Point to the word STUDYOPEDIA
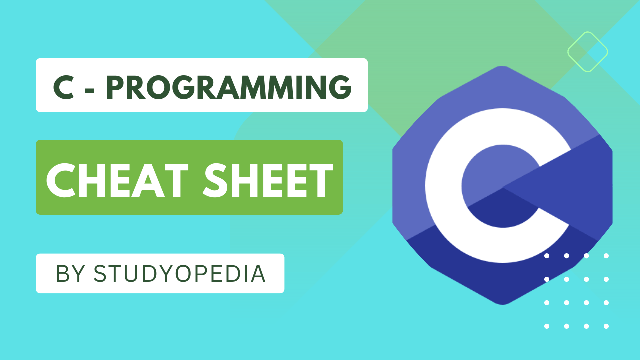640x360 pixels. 180,274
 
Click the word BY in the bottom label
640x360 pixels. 68,274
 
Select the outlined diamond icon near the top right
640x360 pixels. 587,51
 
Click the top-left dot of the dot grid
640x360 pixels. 547,256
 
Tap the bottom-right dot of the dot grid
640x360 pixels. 606,326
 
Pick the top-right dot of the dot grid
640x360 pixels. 606,256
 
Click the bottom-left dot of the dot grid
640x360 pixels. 547,326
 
